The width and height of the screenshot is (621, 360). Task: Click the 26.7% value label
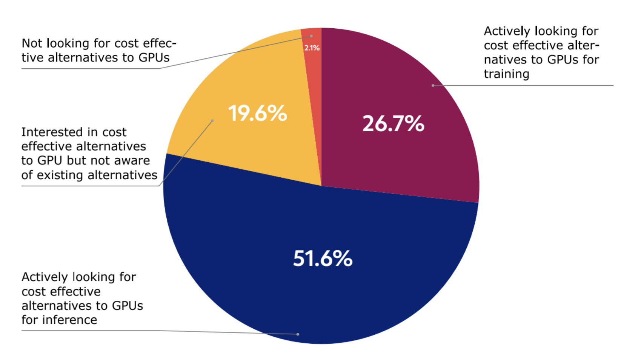click(x=393, y=124)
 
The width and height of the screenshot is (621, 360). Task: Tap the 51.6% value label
click(x=323, y=259)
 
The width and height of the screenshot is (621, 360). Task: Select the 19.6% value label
click(x=257, y=113)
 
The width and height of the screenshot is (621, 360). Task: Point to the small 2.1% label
click(x=312, y=48)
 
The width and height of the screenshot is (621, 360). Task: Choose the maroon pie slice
click(x=407, y=158)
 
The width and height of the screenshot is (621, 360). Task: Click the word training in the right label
click(x=506, y=74)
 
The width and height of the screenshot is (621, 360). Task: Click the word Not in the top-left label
click(x=31, y=43)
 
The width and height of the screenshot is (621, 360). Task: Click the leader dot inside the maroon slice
click(x=433, y=86)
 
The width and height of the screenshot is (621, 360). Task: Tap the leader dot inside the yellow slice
click(x=212, y=121)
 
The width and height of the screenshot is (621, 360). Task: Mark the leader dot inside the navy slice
click(x=298, y=334)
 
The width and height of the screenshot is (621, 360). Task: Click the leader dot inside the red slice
click(x=312, y=36)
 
